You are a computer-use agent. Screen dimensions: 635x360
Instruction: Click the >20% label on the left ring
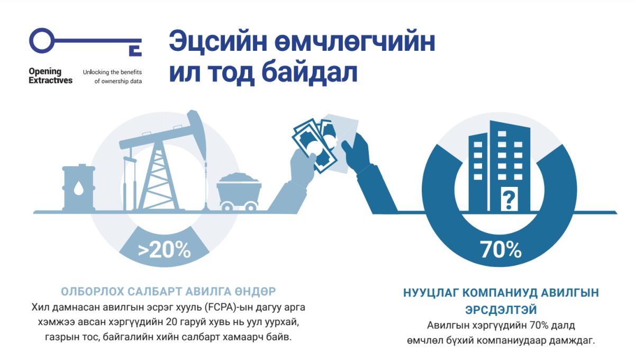pyautogui.click(x=165, y=250)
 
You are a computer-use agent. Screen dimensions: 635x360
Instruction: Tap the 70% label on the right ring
pyautogui.click(x=501, y=250)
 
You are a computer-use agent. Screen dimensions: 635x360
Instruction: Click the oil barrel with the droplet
pyautogui.click(x=78, y=187)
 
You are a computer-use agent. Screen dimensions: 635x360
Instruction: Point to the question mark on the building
pyautogui.click(x=509, y=200)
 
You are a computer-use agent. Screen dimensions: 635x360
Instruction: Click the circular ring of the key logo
pyautogui.click(x=42, y=41)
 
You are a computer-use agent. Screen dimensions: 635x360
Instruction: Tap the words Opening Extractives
pyautogui.click(x=50, y=76)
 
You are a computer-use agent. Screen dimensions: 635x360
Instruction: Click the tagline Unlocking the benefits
pyautogui.click(x=112, y=73)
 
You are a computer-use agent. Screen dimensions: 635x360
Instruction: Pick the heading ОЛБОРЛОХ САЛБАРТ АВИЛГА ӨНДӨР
pyautogui.click(x=168, y=292)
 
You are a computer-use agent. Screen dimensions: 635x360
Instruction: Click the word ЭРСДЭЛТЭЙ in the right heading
pyautogui.click(x=501, y=310)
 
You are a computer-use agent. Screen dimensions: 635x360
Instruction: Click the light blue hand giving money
pyautogui.click(x=292, y=182)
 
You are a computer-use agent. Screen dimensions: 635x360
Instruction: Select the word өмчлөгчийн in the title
pyautogui.click(x=355, y=42)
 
